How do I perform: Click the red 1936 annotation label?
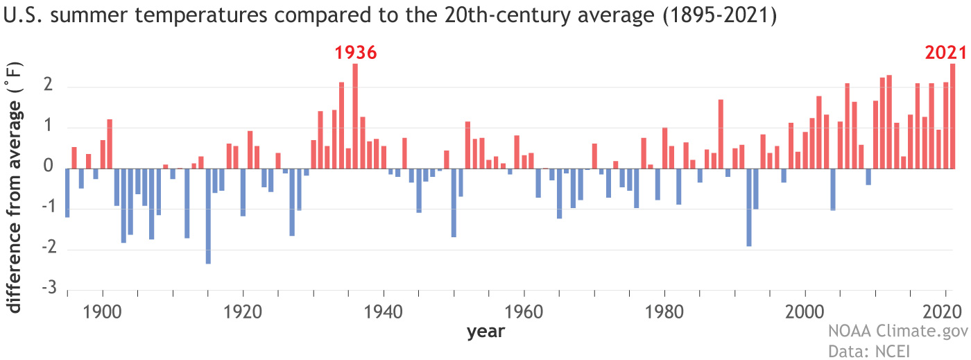tap(355, 53)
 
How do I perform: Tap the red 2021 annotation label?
tap(945, 53)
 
